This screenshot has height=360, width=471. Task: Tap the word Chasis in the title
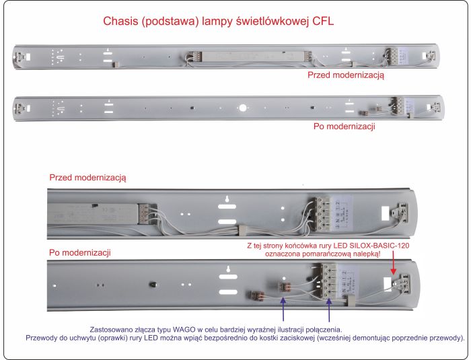[x=124, y=22]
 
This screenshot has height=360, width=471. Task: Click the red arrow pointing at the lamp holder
[x=394, y=271]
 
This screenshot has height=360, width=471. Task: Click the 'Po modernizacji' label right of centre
[x=345, y=126]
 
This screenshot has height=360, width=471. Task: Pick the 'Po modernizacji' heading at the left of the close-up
[x=81, y=253]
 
